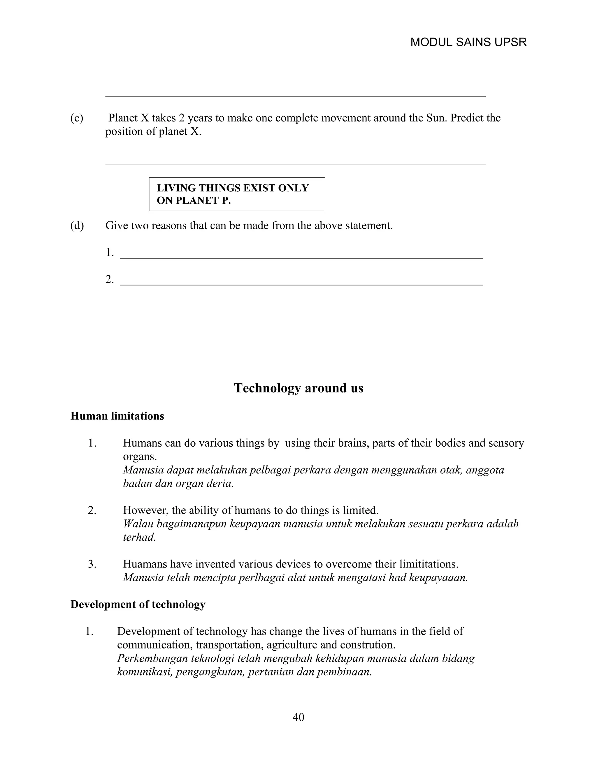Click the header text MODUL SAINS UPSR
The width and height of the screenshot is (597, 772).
[x=468, y=43]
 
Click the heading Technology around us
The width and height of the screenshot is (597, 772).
[x=298, y=388]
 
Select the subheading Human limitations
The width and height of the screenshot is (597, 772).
[x=117, y=416]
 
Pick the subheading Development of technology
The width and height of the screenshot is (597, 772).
[x=138, y=604]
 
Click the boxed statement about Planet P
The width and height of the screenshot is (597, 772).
[x=237, y=194]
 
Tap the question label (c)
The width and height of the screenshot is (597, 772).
[x=77, y=118]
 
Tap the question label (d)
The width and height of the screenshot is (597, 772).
[x=77, y=225]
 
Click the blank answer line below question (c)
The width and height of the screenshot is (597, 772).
[x=295, y=163]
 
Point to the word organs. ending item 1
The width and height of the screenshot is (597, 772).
[x=140, y=457]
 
